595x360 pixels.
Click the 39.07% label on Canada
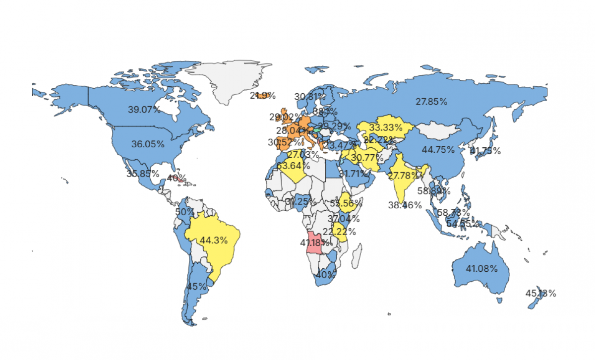pos(144,110)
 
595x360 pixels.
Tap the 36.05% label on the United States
pos(148,144)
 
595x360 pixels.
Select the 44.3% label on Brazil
pos(214,240)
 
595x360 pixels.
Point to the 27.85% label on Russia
pos(431,102)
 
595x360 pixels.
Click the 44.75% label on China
pos(438,149)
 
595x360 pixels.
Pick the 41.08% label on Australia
pos(481,269)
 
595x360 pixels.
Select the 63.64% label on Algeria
pos(294,166)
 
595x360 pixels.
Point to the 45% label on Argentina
pos(197,286)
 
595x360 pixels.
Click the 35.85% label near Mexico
pos(143,174)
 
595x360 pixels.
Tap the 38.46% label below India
pos(405,205)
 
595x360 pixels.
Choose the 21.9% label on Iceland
pos(263,95)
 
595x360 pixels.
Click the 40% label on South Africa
pos(326,274)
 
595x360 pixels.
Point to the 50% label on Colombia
pos(184,212)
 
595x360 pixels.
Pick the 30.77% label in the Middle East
pos(367,158)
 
